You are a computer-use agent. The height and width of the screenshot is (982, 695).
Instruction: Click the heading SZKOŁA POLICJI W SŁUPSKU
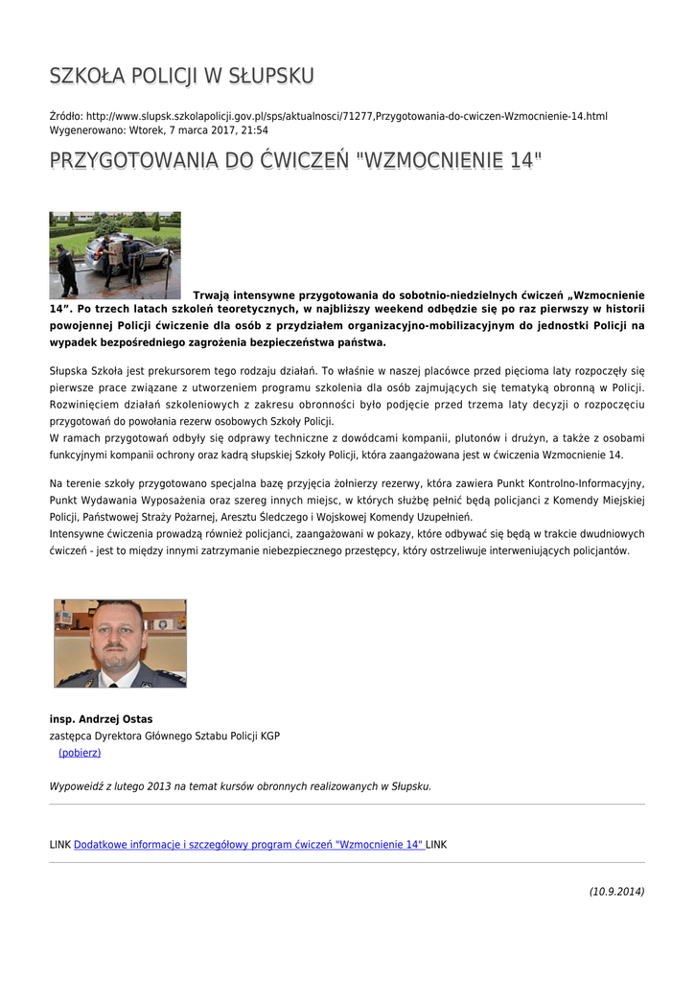pyautogui.click(x=181, y=76)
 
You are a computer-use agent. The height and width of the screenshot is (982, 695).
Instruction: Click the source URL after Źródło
pyautogui.click(x=346, y=116)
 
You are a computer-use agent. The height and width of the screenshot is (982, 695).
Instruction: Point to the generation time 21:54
pyautogui.click(x=254, y=129)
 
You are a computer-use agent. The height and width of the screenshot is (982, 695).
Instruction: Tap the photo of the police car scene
pyautogui.click(x=115, y=255)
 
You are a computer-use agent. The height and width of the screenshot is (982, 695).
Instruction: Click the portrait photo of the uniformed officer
pyautogui.click(x=120, y=643)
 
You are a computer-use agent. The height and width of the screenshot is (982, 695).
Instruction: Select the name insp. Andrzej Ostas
pyautogui.click(x=101, y=719)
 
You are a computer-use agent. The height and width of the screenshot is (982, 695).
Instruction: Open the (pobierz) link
pyautogui.click(x=80, y=753)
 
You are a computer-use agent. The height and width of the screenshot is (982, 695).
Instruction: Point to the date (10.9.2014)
pyautogui.click(x=616, y=892)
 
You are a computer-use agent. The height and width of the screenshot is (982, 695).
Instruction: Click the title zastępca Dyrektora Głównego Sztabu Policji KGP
pyautogui.click(x=164, y=736)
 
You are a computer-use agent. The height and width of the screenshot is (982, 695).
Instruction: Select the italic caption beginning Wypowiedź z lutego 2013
pyautogui.click(x=240, y=786)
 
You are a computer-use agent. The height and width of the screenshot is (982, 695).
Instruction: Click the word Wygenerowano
pyautogui.click(x=85, y=129)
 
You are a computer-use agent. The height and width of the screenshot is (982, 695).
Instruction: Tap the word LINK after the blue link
pyautogui.click(x=436, y=845)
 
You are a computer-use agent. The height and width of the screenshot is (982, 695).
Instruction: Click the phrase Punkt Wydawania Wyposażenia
pyautogui.click(x=122, y=500)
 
